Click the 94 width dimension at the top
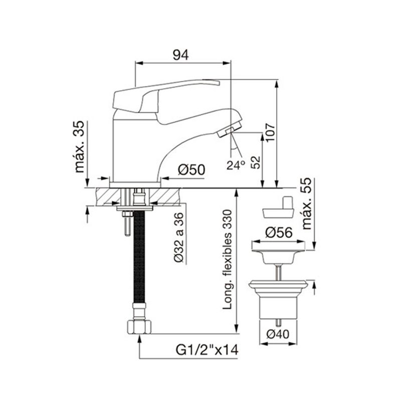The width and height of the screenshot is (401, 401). click(181, 55)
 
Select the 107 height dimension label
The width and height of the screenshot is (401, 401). click(270, 132)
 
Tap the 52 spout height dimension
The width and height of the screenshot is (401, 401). click(256, 162)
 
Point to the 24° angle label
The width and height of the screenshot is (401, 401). click(236, 165)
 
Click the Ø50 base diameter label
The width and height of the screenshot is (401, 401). click(192, 170)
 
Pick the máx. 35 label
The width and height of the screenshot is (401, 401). click(79, 146)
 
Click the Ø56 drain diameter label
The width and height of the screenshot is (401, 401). click(279, 233)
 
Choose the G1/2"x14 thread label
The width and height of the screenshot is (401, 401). click(207, 350)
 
